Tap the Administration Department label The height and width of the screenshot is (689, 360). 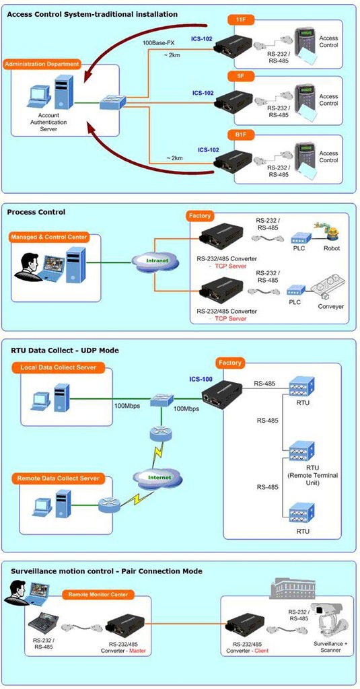[x=42, y=64]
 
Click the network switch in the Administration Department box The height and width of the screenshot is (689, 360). [x=113, y=103]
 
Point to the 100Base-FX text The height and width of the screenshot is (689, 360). [x=158, y=44]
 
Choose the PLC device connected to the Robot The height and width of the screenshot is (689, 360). [x=301, y=238]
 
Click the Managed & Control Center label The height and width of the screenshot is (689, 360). [x=49, y=238]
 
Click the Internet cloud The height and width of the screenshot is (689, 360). [x=159, y=477]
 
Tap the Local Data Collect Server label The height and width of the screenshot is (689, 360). [x=58, y=367]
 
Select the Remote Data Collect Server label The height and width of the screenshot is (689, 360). [x=58, y=478]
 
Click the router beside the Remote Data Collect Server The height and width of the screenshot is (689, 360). [x=109, y=505]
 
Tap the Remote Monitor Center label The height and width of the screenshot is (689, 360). [x=98, y=595]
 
